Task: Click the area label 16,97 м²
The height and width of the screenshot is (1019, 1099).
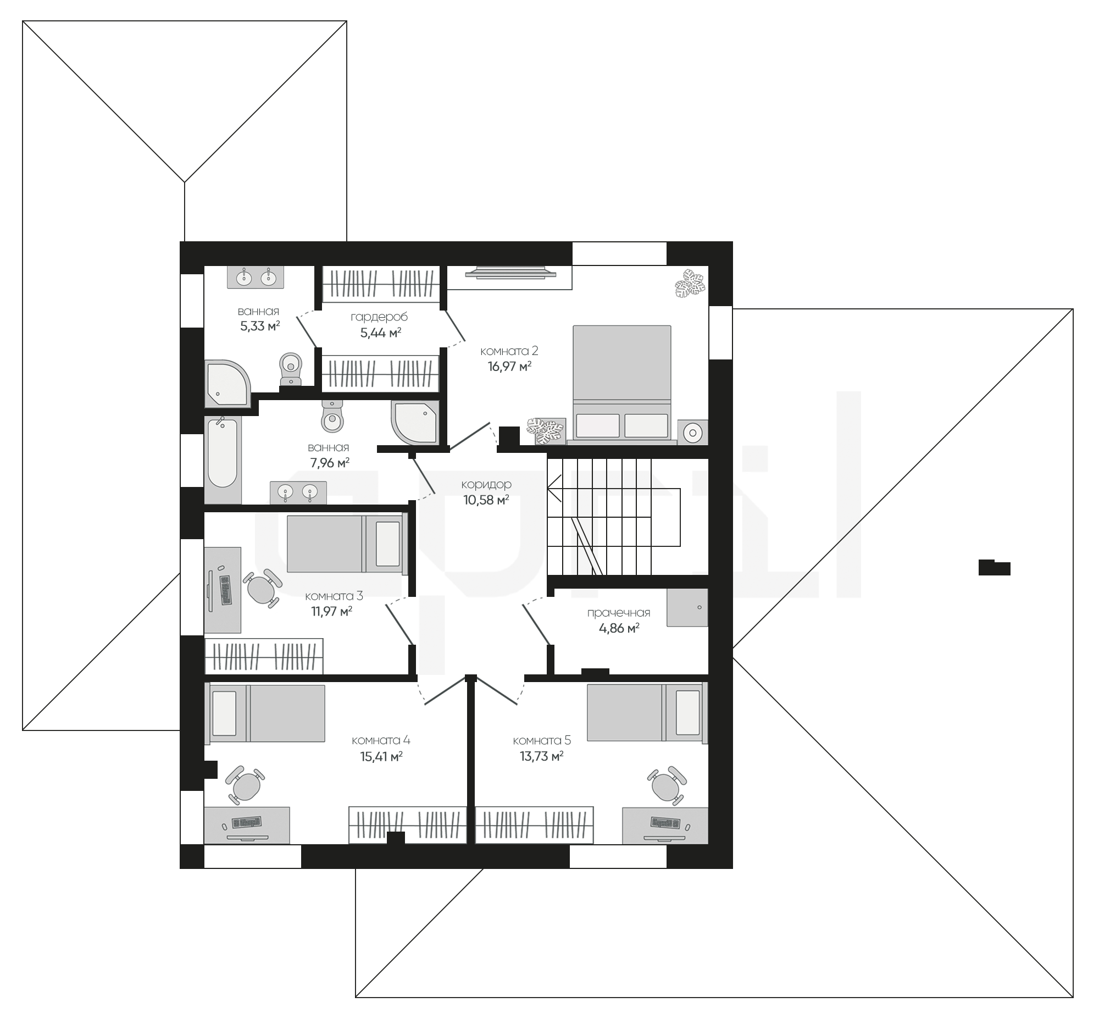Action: pyautogui.click(x=509, y=366)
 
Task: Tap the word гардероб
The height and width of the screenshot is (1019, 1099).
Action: pyautogui.click(x=379, y=317)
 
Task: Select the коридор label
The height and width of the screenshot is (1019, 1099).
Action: pyautogui.click(x=486, y=484)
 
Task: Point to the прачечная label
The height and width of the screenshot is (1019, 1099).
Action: pyautogui.click(x=618, y=613)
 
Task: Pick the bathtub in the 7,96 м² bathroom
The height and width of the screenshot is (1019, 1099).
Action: pyautogui.click(x=223, y=460)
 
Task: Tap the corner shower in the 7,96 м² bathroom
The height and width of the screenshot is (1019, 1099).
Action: pyautogui.click(x=414, y=422)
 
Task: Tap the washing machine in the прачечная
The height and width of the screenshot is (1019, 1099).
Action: pyautogui.click(x=687, y=607)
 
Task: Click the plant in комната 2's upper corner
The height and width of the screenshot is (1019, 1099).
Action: pyautogui.click(x=690, y=283)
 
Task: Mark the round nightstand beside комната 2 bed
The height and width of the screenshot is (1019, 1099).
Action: pyautogui.click(x=692, y=433)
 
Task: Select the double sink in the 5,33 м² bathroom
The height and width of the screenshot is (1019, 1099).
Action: pyautogui.click(x=256, y=277)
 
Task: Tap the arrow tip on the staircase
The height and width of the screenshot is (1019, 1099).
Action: pyautogui.click(x=548, y=488)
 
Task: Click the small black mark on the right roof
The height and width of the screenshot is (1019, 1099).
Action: pyautogui.click(x=994, y=567)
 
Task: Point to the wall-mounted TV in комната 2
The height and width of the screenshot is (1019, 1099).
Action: pyautogui.click(x=509, y=272)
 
